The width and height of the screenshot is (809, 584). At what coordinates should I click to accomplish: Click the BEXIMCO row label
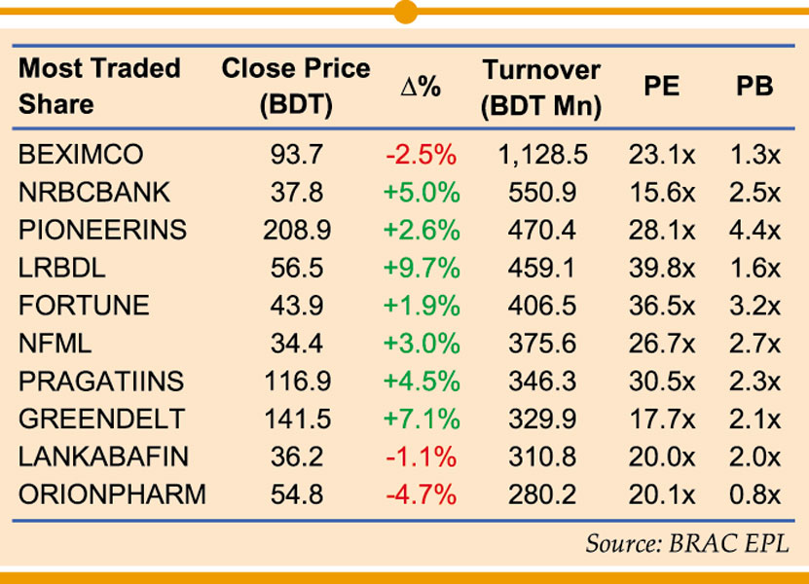[x=81, y=155]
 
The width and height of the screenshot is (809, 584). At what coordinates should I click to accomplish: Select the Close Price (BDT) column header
[x=296, y=87]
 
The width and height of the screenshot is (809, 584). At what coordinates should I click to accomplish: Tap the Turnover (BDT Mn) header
[x=541, y=87]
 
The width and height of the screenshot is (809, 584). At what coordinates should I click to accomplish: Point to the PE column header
[x=662, y=87]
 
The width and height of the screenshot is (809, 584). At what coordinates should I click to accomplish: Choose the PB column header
[x=754, y=87]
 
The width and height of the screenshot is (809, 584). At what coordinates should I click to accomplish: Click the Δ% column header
[x=421, y=87]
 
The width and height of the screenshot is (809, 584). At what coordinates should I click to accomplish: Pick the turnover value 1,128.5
[x=541, y=155]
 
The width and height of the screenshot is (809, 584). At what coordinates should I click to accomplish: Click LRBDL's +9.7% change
[x=421, y=268]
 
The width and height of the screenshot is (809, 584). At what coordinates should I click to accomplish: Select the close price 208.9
[x=296, y=231]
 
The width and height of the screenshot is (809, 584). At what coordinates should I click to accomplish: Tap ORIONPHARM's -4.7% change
[x=421, y=494]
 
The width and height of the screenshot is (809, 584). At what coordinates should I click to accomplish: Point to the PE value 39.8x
[x=662, y=268]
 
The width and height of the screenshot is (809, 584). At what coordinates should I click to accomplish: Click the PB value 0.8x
[x=754, y=494]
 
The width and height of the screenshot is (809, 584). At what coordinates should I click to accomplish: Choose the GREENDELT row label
[x=101, y=420]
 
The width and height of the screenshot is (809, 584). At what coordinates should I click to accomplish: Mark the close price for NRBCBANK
[x=296, y=193]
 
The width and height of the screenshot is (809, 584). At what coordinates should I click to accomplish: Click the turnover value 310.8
[x=541, y=456]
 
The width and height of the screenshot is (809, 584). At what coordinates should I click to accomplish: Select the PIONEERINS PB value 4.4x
[x=754, y=231]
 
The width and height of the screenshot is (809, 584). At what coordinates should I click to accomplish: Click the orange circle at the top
[x=406, y=11]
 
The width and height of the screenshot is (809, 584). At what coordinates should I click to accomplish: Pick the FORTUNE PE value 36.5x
[x=662, y=306]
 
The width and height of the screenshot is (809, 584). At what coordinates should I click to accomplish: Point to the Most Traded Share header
[x=99, y=87]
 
